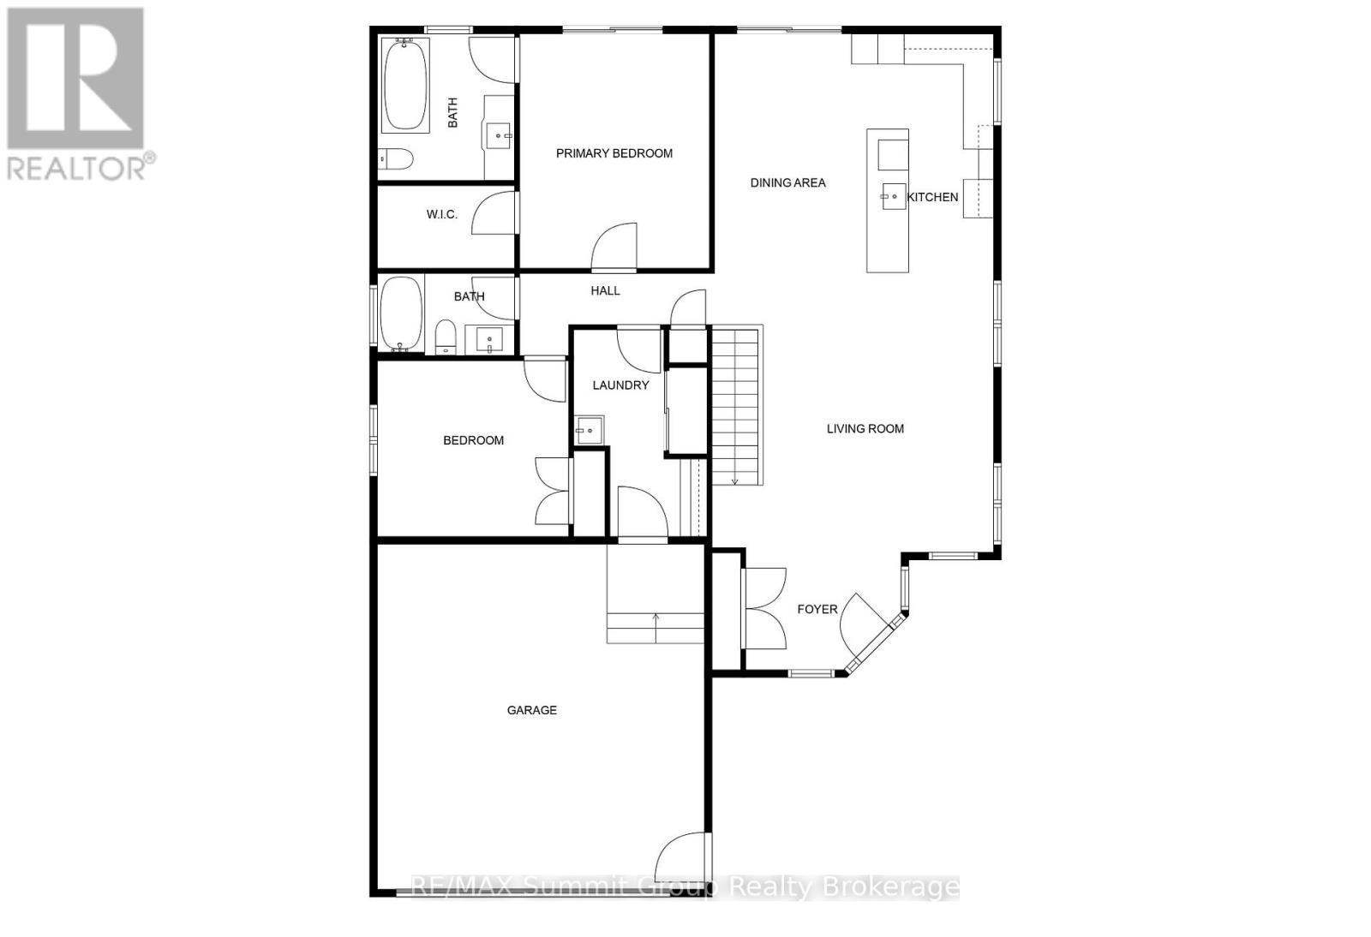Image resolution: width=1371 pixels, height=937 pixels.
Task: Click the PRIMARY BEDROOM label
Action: click(614, 153)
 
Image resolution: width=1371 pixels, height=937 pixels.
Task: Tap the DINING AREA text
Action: click(787, 182)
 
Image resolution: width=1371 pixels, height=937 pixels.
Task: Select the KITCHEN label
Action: click(932, 197)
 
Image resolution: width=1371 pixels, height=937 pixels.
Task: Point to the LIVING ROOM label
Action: click(865, 429)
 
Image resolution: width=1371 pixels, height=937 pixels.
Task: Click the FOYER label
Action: click(817, 609)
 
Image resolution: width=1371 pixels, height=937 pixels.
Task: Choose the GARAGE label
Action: click(531, 710)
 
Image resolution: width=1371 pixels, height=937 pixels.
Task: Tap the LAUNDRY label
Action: click(620, 385)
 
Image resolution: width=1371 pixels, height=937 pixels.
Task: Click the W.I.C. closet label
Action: click(441, 214)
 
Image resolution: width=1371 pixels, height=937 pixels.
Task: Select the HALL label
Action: click(605, 291)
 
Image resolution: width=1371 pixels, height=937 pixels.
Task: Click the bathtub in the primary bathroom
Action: click(405, 85)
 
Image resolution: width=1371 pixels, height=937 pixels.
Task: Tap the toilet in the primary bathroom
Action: click(396, 158)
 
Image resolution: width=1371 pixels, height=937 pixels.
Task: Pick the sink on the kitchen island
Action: click(892, 196)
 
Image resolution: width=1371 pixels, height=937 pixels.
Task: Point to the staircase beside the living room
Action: click(736, 406)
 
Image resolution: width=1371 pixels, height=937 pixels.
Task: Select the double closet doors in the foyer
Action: click(765, 608)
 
